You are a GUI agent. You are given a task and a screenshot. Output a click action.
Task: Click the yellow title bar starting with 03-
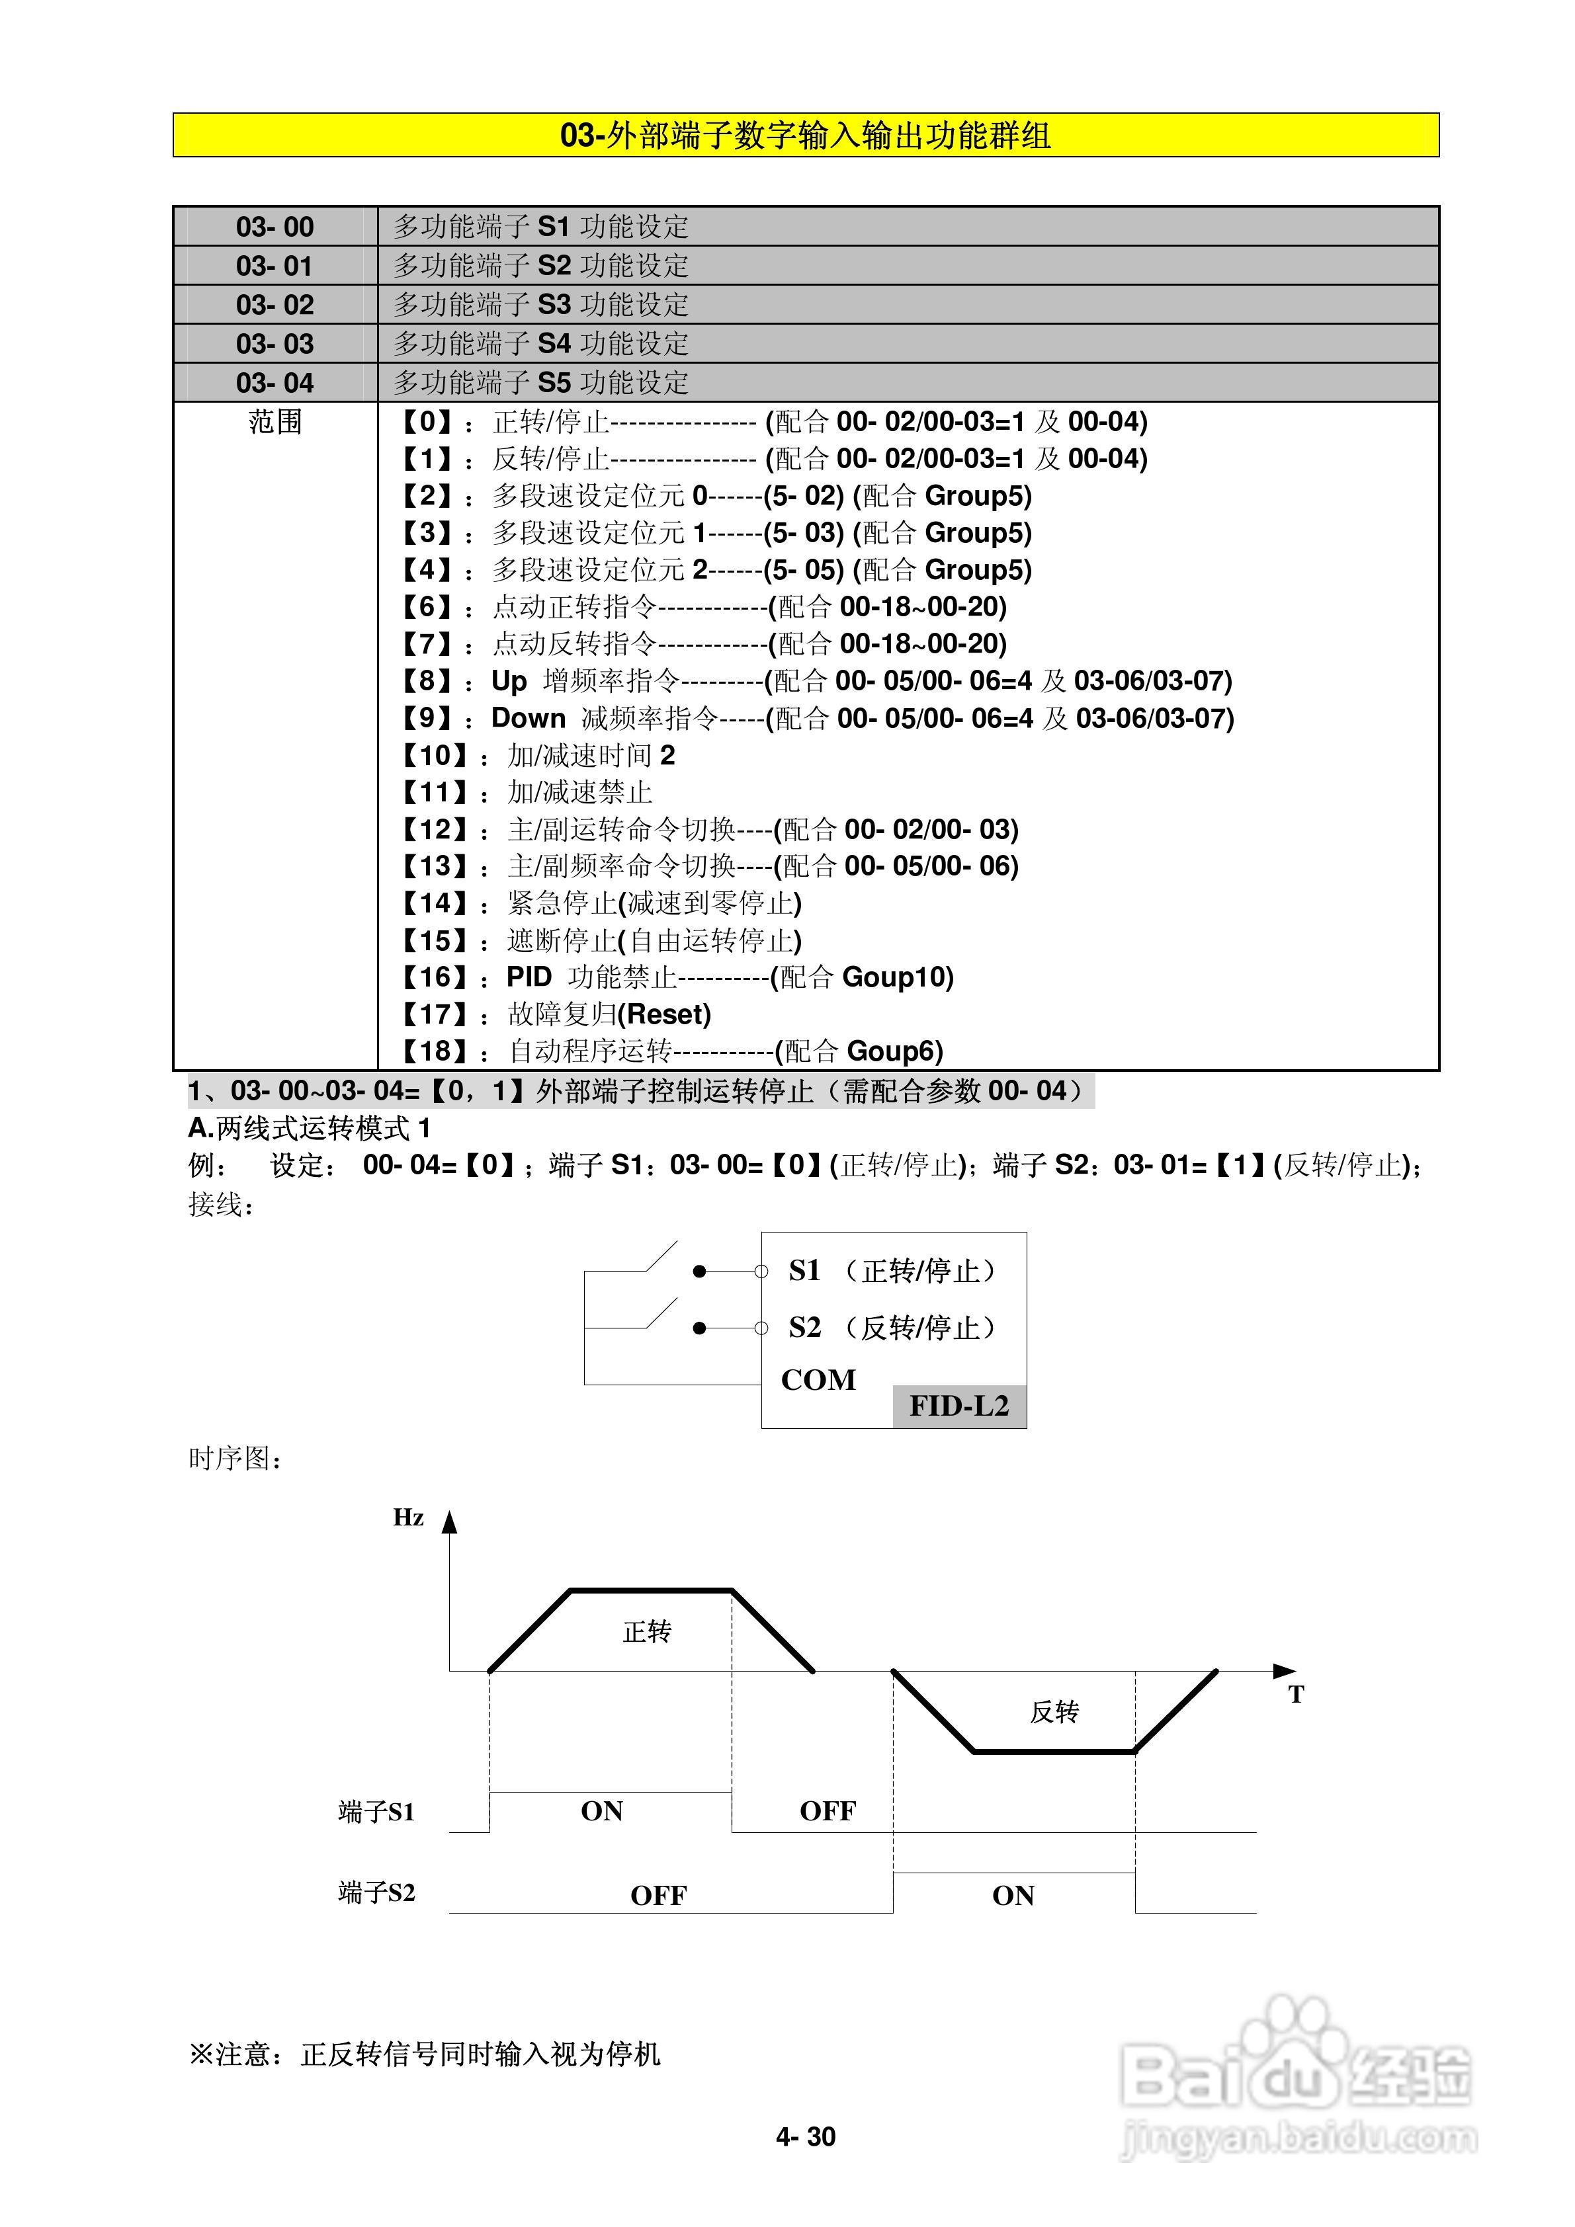click(806, 135)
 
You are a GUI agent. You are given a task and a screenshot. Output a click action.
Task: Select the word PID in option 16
click(529, 977)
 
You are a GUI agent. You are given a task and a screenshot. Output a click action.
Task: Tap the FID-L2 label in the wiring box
click(958, 1406)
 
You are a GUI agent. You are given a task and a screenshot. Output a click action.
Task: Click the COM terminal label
click(818, 1379)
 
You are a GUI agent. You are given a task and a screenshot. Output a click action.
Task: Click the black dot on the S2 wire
click(699, 1328)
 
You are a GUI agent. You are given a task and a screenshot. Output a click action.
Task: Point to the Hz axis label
click(409, 1518)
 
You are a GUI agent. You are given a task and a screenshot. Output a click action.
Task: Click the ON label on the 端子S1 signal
click(602, 1811)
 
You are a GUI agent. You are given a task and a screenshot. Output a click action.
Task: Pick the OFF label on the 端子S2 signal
click(658, 1895)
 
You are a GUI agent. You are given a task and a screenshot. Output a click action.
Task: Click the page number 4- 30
click(806, 2137)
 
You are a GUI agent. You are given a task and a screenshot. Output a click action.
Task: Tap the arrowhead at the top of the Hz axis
click(448, 1521)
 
